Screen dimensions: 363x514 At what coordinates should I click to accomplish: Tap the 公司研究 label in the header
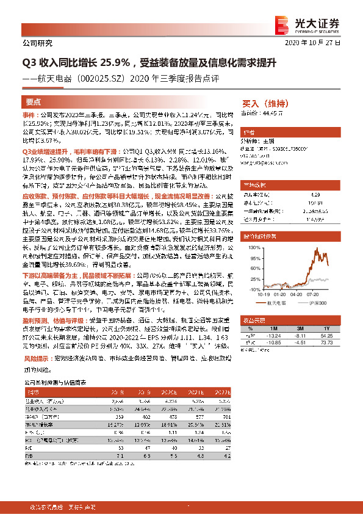tap(37, 43)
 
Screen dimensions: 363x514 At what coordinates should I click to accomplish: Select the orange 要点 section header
tap(34, 103)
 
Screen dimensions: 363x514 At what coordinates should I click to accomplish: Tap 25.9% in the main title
tap(110, 63)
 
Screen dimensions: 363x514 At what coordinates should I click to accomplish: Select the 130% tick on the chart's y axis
tap(246, 246)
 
